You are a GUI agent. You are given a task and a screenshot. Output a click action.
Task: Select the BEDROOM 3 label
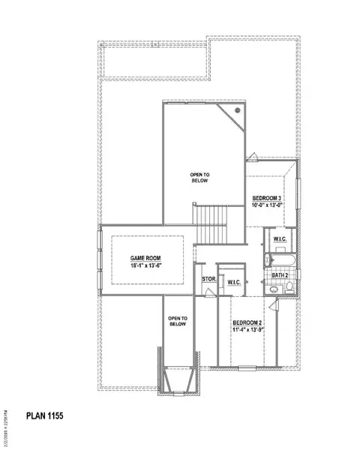(x=268, y=196)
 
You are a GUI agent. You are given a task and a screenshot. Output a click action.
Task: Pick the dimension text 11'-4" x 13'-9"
(x=247, y=330)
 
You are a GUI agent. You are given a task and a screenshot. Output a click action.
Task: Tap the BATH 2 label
(x=280, y=275)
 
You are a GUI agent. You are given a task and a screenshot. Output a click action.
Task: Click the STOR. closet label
(x=208, y=280)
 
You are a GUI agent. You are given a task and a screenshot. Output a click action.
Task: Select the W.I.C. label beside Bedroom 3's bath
(x=280, y=239)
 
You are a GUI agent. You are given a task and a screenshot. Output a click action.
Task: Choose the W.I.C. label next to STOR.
(x=232, y=282)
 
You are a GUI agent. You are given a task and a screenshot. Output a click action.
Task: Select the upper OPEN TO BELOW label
(x=199, y=177)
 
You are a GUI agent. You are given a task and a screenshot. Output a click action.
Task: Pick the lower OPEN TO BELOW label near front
(x=177, y=322)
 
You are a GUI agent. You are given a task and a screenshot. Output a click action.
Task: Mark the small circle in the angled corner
(x=237, y=110)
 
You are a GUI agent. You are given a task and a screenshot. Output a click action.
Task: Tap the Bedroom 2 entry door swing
(x=272, y=306)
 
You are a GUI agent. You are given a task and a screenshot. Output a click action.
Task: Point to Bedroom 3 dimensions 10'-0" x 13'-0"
(x=268, y=204)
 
